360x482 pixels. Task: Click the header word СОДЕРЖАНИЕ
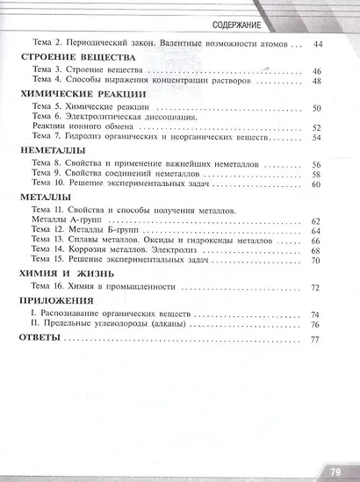(293, 22)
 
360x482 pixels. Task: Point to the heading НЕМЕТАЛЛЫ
(51, 151)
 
